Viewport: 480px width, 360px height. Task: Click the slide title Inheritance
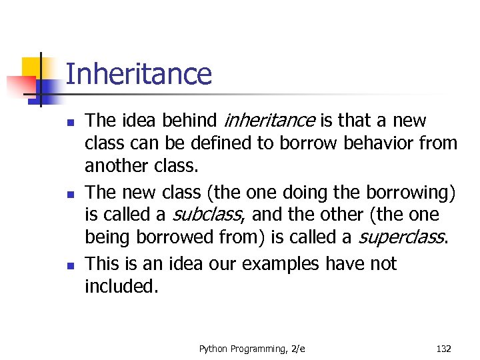(x=139, y=74)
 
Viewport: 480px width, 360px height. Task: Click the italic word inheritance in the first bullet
(x=269, y=121)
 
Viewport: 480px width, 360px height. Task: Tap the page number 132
(x=443, y=347)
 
